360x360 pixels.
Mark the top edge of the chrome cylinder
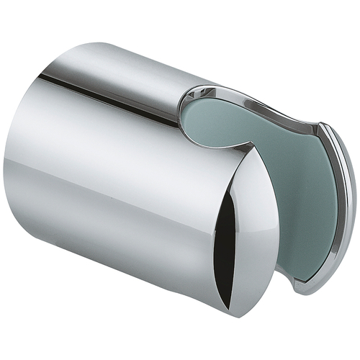[122, 54]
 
